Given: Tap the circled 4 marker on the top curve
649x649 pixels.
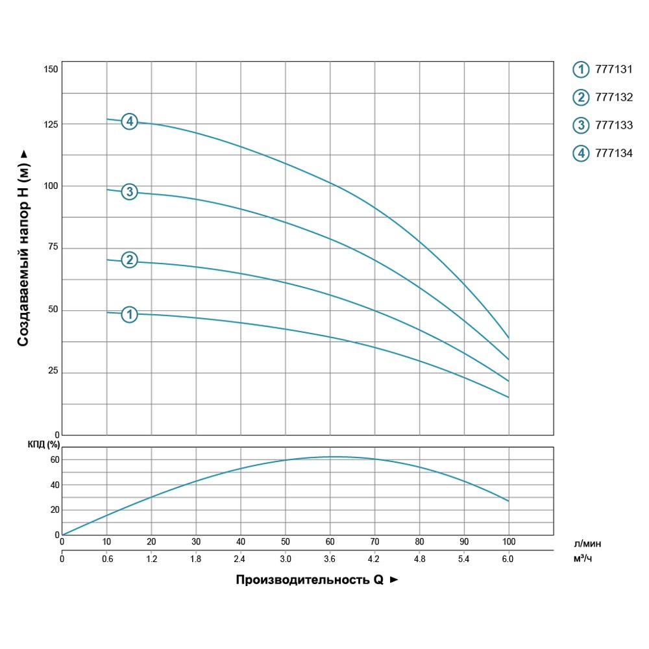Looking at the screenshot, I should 130,121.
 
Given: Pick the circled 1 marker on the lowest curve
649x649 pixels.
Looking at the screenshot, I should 130,314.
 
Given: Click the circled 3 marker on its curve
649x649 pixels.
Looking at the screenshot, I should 130,191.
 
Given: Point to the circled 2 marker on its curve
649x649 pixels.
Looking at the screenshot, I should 130,260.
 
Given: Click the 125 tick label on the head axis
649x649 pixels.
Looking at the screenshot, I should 51,124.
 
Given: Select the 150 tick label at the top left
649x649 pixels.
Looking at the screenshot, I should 51,69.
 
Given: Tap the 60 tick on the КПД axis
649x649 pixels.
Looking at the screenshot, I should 55,459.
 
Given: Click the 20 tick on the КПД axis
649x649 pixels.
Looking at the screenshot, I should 55,510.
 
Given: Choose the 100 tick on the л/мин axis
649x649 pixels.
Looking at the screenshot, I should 508,541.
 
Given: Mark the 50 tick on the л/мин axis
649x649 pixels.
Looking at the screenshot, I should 285,541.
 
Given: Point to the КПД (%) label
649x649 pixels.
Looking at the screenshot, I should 44,445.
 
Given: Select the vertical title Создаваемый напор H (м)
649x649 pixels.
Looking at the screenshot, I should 23,247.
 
